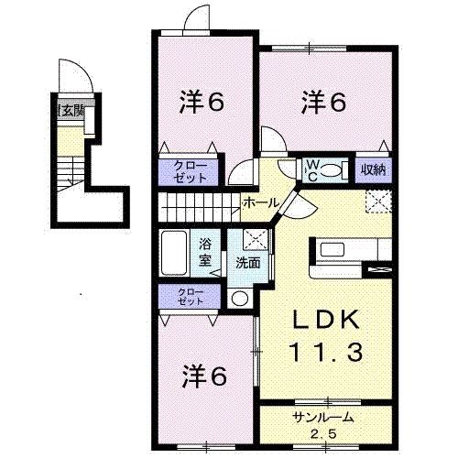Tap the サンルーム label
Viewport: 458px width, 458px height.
click(x=322, y=418)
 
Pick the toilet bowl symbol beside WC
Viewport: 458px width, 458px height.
click(x=332, y=169)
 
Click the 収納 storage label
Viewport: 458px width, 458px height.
click(x=372, y=169)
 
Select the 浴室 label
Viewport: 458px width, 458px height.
click(x=206, y=252)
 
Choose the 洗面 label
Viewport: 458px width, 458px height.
click(x=248, y=262)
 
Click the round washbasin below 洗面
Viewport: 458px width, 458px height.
click(x=239, y=297)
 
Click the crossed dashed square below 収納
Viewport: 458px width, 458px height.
click(x=379, y=201)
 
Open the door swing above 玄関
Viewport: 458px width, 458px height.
click(x=72, y=74)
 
